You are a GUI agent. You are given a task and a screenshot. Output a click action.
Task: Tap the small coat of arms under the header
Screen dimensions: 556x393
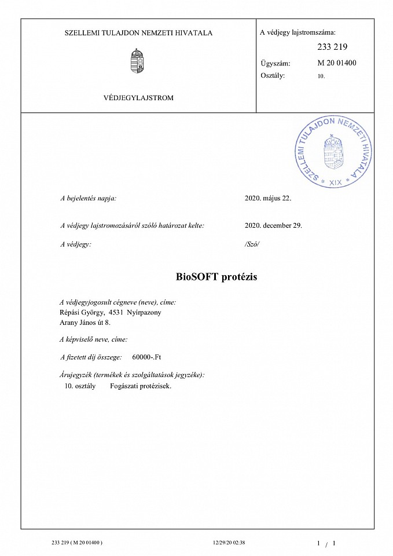click(x=137, y=61)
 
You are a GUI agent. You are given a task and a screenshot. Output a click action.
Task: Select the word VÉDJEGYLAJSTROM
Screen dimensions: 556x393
click(x=138, y=98)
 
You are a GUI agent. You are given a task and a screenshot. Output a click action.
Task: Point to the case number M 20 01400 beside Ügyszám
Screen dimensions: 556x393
click(x=337, y=63)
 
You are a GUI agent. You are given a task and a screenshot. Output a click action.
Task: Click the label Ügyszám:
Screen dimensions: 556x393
click(x=276, y=64)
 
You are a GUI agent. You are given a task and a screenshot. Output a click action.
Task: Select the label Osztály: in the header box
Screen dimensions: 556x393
click(x=273, y=75)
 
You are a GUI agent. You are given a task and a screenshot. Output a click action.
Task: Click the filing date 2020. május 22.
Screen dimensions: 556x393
click(x=269, y=198)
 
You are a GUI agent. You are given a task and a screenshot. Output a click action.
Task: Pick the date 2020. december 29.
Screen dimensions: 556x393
click(x=274, y=225)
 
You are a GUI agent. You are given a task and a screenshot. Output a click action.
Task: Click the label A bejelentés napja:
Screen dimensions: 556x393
click(x=89, y=198)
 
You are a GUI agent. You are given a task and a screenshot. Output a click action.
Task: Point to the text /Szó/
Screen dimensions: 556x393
click(x=252, y=244)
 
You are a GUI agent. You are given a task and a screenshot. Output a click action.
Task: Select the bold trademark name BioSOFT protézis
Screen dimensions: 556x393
click(x=216, y=277)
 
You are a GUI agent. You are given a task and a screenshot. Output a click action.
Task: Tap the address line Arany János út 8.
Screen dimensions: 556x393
click(x=85, y=322)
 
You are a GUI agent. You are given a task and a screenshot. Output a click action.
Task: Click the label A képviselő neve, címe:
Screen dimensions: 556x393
click(x=94, y=339)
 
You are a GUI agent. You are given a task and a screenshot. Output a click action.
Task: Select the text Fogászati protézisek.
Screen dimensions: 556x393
click(x=141, y=385)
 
